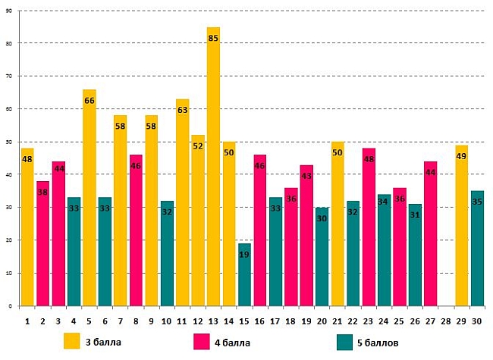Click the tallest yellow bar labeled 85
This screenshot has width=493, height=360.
213,167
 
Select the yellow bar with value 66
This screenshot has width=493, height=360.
89,197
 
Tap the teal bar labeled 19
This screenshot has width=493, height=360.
244,274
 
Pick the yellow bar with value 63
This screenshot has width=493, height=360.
182,202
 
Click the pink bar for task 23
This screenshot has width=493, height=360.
369,227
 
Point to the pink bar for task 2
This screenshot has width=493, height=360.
42,243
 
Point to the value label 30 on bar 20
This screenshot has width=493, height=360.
322,218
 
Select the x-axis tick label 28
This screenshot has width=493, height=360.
446,321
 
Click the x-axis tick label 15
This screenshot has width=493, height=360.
244,321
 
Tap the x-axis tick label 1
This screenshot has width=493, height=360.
27,321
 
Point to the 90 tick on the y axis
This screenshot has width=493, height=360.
10,11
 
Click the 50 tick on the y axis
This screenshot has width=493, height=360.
10,142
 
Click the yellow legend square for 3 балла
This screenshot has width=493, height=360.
72,341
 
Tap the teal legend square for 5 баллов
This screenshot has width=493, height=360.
345,341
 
